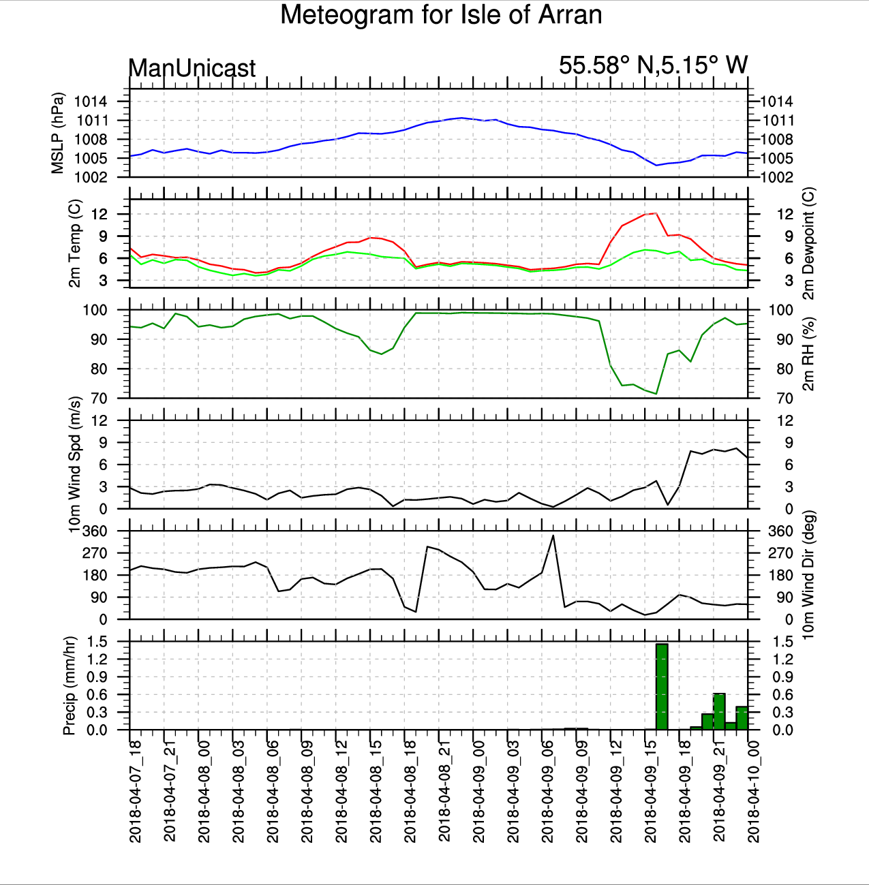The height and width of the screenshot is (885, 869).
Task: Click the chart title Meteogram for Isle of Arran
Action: click(x=441, y=15)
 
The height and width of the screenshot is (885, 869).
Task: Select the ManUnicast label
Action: click(x=192, y=68)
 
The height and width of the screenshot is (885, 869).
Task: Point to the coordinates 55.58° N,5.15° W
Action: click(x=653, y=65)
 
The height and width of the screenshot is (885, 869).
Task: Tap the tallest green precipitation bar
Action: click(x=661, y=686)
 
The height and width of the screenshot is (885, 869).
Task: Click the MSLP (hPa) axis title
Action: click(x=58, y=133)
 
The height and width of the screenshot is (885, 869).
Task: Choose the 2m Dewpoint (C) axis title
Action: click(x=808, y=243)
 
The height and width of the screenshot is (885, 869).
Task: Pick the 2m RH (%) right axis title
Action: click(x=808, y=354)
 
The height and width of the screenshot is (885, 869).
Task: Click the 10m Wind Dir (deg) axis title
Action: click(x=808, y=575)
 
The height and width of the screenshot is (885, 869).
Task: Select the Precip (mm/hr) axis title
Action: click(x=69, y=685)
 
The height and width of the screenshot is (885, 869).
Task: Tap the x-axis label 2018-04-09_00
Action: click(x=479, y=790)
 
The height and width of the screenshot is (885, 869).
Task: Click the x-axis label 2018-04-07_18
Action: click(x=136, y=790)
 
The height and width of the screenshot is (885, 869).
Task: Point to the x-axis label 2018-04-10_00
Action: click(x=754, y=790)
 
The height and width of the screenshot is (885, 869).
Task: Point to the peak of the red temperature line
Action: click(x=656, y=213)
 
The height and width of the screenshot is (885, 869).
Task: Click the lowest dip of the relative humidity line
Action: click(x=656, y=394)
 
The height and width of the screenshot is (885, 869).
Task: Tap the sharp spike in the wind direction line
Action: click(x=553, y=535)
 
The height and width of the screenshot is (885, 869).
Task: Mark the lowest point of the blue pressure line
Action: click(x=656, y=165)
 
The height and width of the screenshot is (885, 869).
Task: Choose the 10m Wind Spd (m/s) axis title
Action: click(x=75, y=465)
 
